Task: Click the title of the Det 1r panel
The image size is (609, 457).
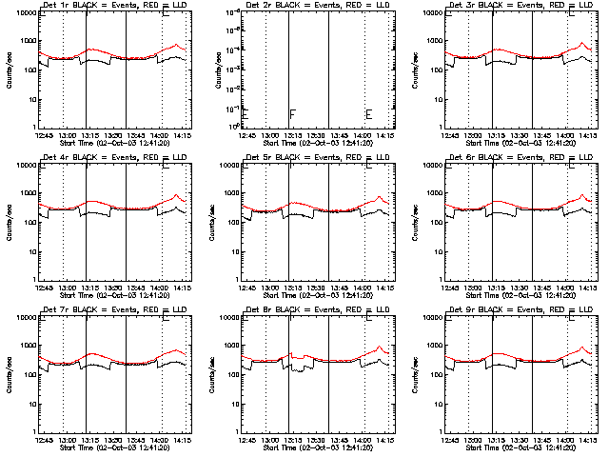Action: pyautogui.click(x=102, y=6)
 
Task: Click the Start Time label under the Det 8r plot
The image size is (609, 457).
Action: pyautogui.click(x=318, y=447)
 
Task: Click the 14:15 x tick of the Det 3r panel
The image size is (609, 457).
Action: pyautogui.click(x=587, y=134)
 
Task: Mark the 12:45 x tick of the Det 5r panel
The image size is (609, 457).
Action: pyautogui.click(x=246, y=287)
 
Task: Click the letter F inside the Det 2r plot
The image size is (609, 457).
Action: pyautogui.click(x=292, y=114)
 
